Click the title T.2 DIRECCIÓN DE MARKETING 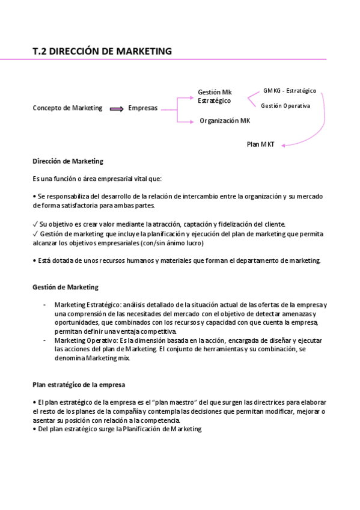[x=102, y=51]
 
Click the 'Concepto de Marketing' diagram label [x=67, y=108]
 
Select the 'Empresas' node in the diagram [x=143, y=108]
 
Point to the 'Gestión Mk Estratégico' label [x=215, y=96]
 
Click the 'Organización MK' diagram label [x=225, y=121]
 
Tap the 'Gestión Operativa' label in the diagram [x=285, y=106]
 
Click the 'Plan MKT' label [x=261, y=144]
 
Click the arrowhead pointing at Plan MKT [x=284, y=144]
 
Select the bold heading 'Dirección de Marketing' [x=67, y=161]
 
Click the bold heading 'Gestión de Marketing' [x=66, y=287]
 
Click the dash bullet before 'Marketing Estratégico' [x=45, y=305]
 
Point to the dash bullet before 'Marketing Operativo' [x=45, y=340]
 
